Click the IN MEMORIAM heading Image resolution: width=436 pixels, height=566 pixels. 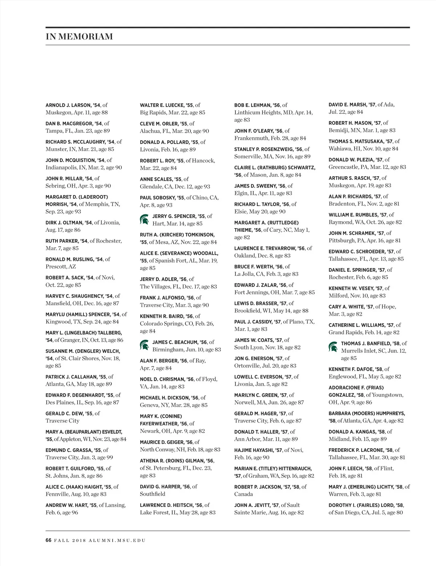(79, 36)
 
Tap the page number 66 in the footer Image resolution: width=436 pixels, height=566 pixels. (48, 540)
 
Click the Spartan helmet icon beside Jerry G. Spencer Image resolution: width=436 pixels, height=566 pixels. (144, 219)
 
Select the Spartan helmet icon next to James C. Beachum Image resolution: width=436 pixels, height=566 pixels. (144, 345)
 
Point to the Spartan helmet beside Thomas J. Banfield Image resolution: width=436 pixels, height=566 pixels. (333, 347)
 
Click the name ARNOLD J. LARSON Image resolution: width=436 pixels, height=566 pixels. (68, 105)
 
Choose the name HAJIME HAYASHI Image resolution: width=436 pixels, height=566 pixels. (253, 450)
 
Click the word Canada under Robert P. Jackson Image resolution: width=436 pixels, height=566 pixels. (243, 494)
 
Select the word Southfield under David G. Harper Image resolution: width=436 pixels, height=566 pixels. (153, 494)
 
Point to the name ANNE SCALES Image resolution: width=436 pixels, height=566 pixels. (156, 179)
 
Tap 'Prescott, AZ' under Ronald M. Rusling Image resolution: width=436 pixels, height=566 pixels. (61, 267)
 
